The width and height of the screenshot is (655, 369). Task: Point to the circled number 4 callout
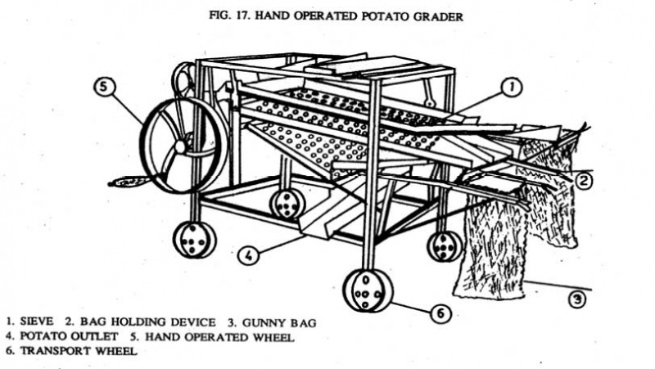coord(248,255)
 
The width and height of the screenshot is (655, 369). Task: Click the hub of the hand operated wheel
coord(180,146)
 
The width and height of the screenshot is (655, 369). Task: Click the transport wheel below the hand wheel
coord(194,240)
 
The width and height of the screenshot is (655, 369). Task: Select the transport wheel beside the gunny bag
coord(445,245)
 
